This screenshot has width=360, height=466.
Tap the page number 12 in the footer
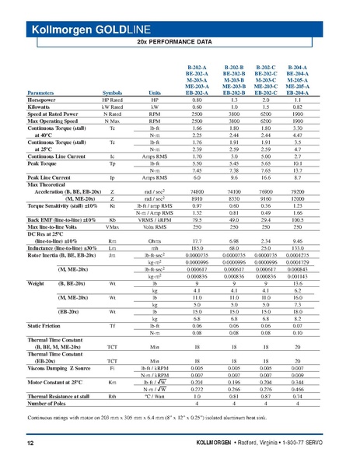[x=30, y=443]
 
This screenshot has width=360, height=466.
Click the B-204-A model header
[x=304, y=68]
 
